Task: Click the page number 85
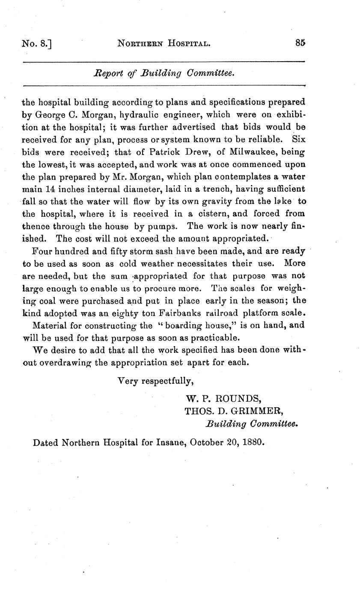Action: tap(300, 43)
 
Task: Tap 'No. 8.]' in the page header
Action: tap(36, 44)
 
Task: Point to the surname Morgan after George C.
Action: tap(86, 115)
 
